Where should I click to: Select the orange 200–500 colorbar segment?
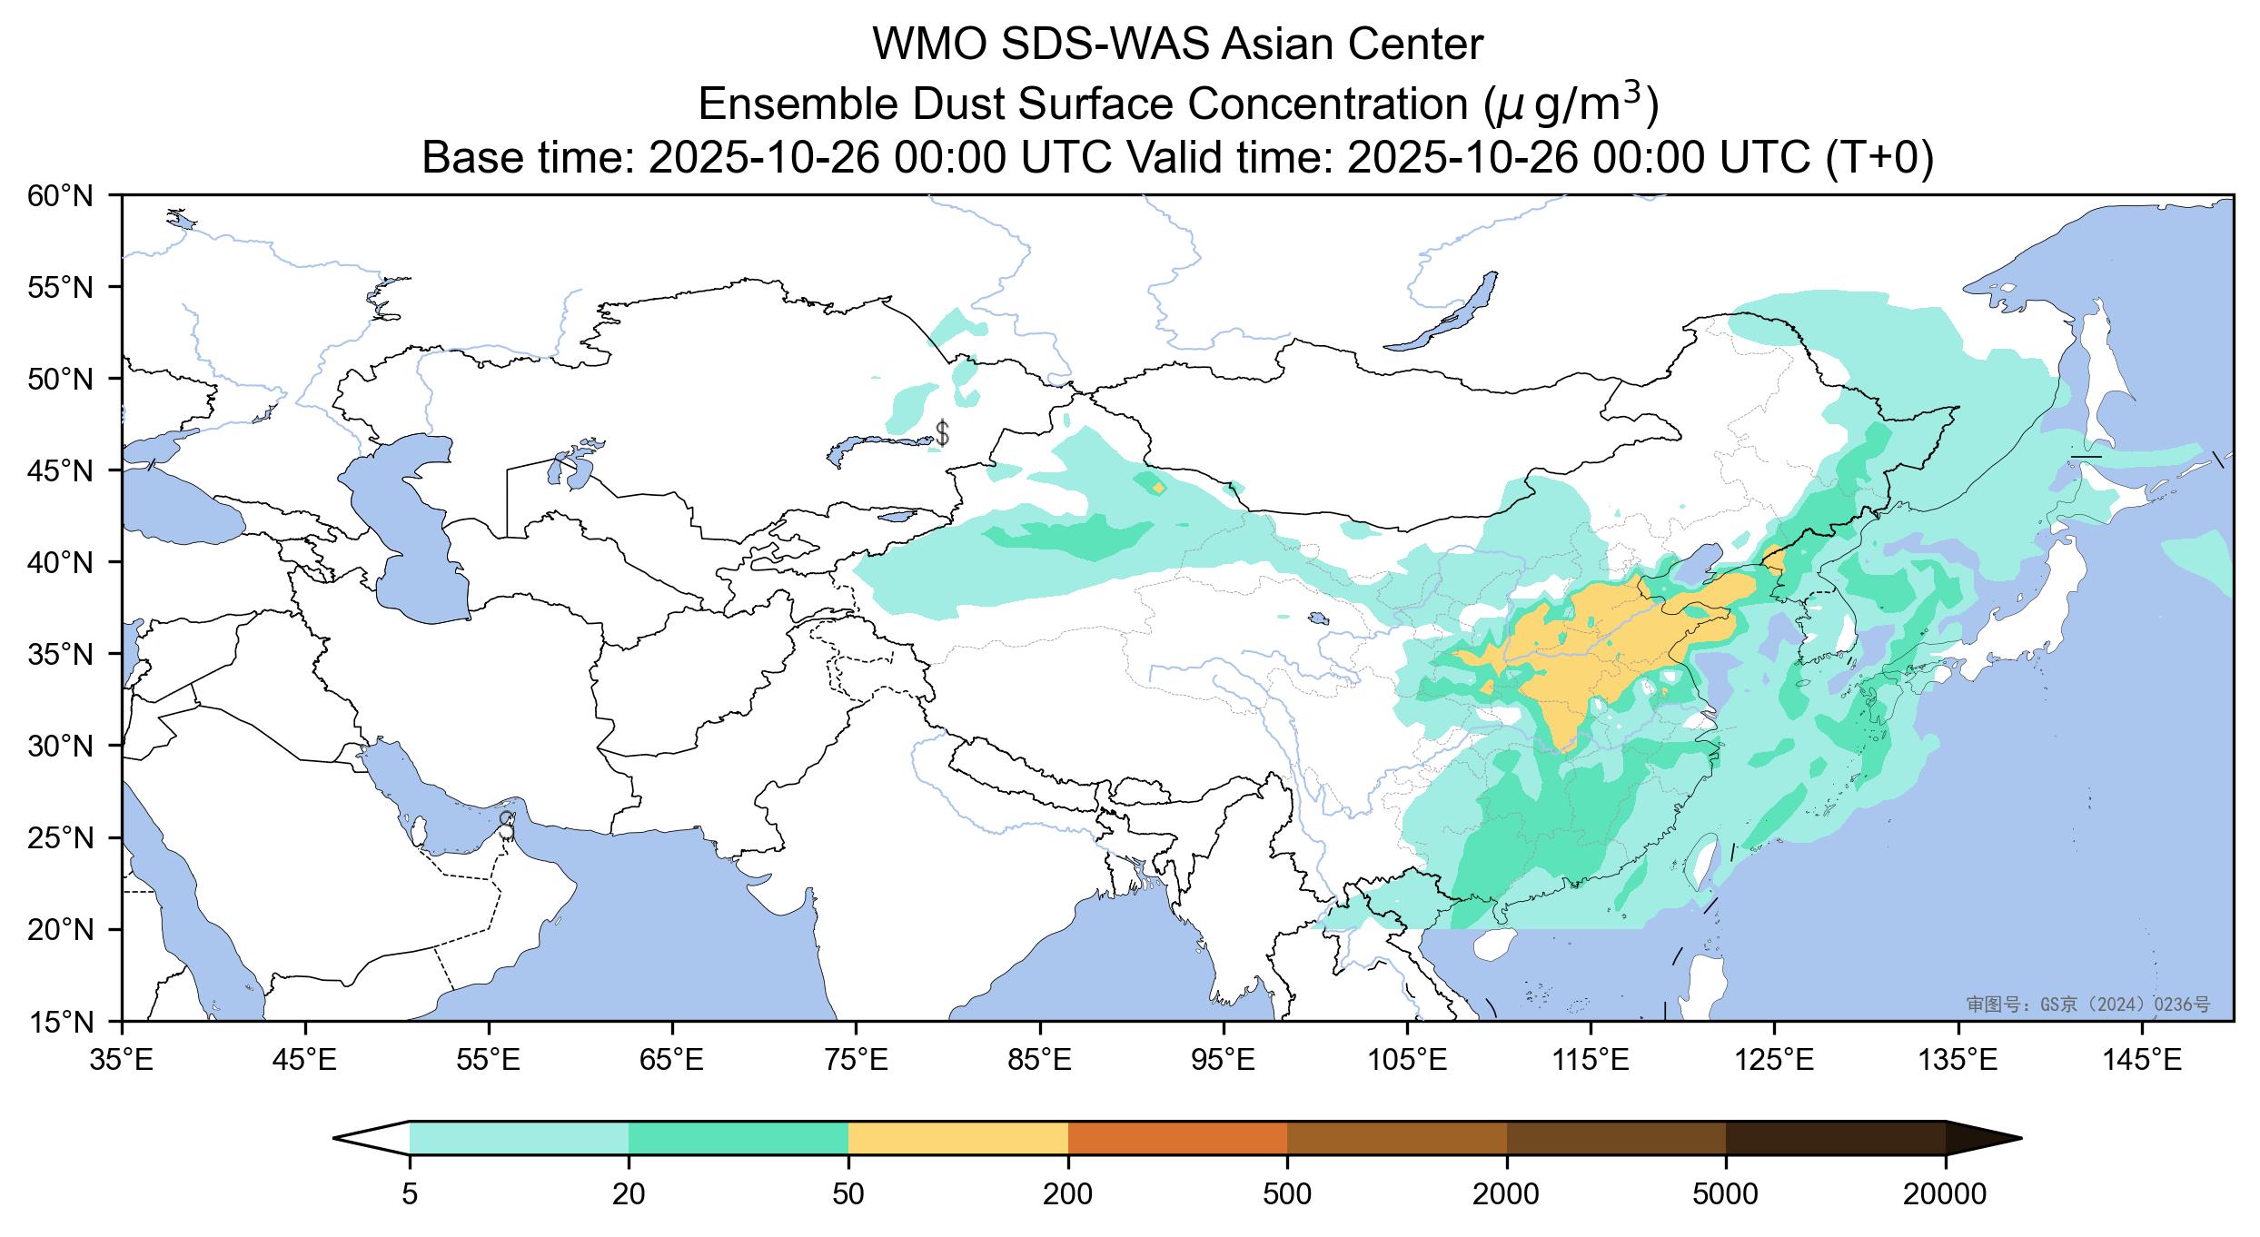1177,1138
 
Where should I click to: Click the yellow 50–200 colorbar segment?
957,1138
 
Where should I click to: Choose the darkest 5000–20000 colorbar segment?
1835,1138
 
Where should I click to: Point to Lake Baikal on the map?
1444,313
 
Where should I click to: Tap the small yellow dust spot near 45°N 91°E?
1157,488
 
